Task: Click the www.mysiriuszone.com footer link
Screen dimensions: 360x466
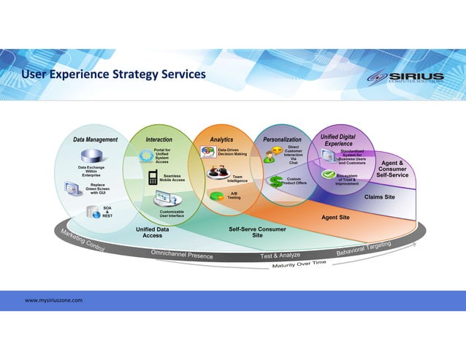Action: coord(53,300)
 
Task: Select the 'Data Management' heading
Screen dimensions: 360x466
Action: coord(96,139)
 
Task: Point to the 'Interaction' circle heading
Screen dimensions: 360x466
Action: coord(159,139)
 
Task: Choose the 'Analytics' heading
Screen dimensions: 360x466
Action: coord(221,139)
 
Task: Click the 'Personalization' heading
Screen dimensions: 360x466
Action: coord(282,139)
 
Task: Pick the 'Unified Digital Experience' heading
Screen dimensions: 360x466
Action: coord(338,140)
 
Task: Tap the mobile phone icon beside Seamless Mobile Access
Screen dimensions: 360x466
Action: coord(153,178)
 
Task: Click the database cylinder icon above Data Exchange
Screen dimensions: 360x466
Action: coord(94,156)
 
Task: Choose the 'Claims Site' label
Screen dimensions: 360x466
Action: coord(379,197)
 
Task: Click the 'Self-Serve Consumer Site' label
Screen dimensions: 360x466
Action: coord(257,232)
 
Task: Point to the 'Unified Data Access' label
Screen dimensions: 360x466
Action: coord(153,232)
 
